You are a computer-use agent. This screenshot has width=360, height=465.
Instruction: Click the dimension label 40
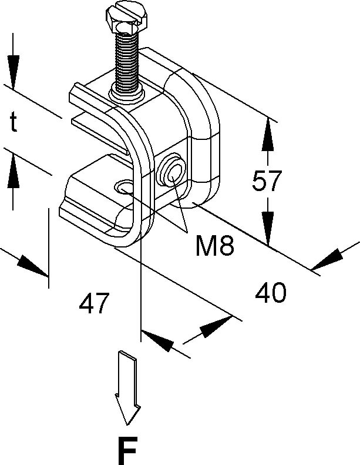click(x=271, y=292)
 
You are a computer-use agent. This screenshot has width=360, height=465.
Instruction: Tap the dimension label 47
click(x=95, y=303)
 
